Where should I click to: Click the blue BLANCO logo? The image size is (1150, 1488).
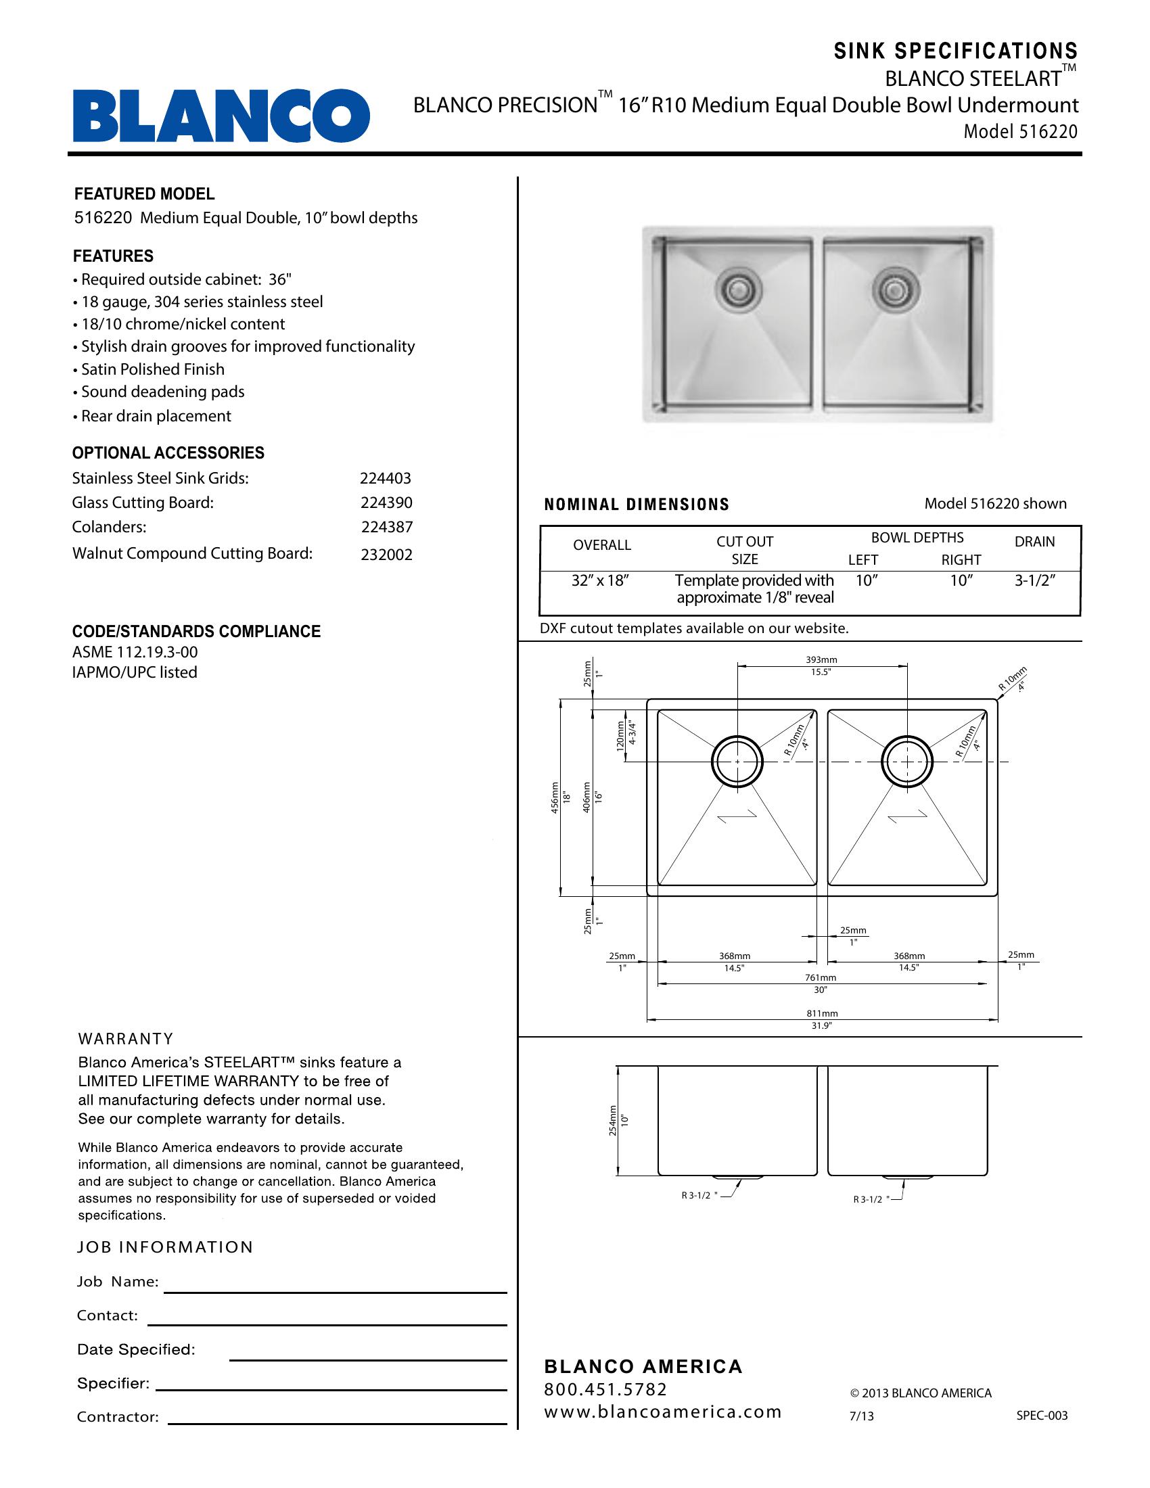tap(221, 116)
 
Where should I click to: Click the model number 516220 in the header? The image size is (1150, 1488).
tap(1048, 131)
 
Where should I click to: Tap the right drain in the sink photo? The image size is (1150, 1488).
tap(890, 291)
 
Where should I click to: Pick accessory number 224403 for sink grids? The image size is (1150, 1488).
tap(386, 478)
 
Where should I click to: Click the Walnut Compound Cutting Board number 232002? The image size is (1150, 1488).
tap(386, 555)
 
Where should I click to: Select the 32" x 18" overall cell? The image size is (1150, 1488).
tap(599, 581)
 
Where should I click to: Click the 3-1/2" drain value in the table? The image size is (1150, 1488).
tap(1035, 581)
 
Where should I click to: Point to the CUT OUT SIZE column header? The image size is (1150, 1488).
tap(745, 550)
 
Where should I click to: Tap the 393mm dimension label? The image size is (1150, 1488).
tap(821, 659)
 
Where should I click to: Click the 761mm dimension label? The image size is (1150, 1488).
tap(821, 978)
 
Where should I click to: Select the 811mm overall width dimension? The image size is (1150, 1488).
tap(822, 1013)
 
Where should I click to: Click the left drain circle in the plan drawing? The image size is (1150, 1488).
tap(737, 762)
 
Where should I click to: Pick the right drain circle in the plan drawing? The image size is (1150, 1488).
tap(906, 762)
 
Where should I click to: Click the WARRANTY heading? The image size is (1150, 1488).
tap(126, 1039)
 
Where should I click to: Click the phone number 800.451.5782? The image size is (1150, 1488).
tap(605, 1389)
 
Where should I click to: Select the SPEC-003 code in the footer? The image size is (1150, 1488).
tap(1042, 1415)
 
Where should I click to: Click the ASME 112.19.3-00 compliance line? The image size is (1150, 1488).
tap(135, 652)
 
